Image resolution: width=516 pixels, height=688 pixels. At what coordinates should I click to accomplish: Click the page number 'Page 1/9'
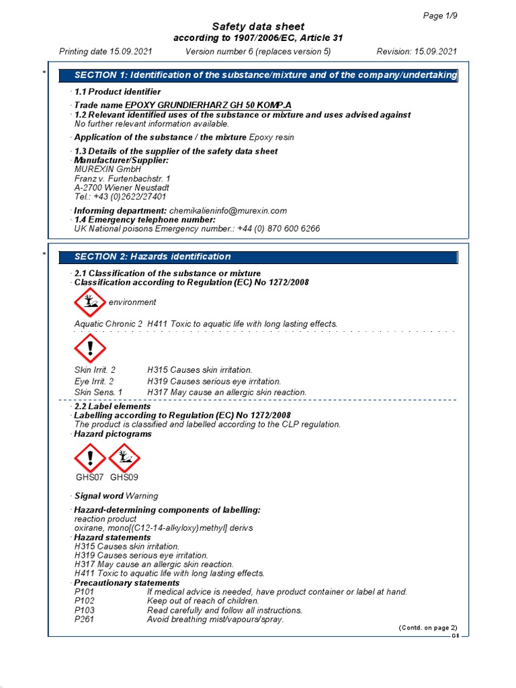point(440,15)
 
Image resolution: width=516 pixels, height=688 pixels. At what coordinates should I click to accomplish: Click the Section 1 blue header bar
point(258,75)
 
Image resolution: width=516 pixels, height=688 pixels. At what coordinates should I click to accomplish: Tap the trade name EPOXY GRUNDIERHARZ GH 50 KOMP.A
point(208,105)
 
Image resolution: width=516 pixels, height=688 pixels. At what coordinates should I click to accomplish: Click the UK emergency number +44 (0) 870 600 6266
point(278,228)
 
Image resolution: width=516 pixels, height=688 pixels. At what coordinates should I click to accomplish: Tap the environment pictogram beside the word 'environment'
point(89,303)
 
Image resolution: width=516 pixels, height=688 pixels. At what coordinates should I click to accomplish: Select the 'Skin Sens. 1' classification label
point(98,392)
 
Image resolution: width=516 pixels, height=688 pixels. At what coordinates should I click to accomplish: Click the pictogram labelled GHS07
point(89,459)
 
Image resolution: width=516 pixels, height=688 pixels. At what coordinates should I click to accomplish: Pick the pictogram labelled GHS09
point(124,459)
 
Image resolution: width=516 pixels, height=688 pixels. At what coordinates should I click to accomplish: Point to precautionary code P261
point(84,619)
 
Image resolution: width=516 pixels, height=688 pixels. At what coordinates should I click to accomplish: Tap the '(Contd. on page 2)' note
point(428,628)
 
